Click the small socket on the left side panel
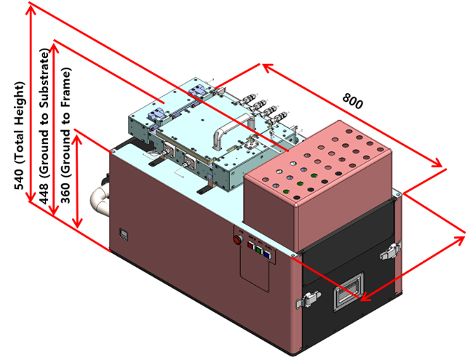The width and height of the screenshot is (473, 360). point(123,235)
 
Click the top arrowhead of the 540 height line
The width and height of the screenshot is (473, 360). point(31,7)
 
